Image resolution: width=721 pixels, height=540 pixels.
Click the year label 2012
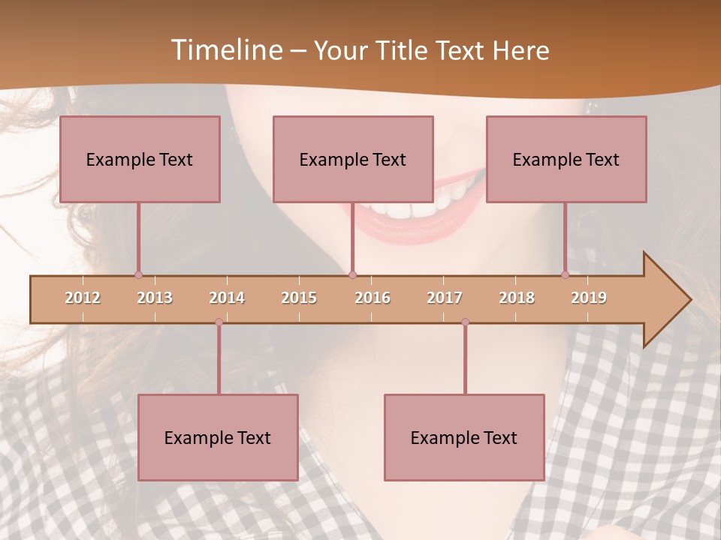point(83,298)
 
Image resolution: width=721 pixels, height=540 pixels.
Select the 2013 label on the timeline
point(155,298)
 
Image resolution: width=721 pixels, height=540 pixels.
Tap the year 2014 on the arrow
point(227,298)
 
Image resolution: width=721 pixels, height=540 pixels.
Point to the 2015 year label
point(299,298)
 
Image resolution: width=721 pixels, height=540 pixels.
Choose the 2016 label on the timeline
point(373,298)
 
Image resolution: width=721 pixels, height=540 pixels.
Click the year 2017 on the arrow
point(445,298)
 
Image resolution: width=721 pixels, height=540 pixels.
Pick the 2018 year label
point(517,298)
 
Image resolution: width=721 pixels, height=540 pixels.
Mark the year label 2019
point(589,298)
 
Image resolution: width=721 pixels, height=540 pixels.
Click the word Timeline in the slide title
point(226,50)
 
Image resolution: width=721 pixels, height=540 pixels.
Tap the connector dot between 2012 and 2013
point(138,275)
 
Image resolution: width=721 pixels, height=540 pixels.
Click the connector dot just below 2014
point(219,322)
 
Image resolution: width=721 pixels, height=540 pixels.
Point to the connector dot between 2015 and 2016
point(352,275)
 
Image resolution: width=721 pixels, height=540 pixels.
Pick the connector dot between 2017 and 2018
point(465,322)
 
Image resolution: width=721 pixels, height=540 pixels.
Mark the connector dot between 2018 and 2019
point(566,275)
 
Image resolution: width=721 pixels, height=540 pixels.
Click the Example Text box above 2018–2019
point(566,159)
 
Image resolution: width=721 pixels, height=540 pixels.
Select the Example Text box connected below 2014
point(218,437)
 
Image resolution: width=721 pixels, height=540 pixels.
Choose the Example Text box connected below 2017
point(464,437)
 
